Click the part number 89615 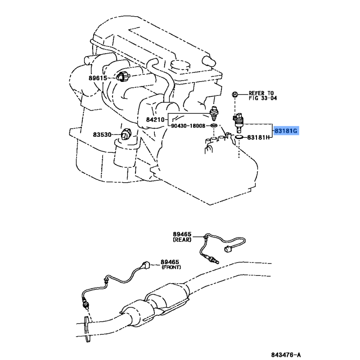(x=98, y=78)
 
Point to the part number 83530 (x=103, y=135)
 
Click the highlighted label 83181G (x=287, y=131)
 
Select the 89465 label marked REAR (x=182, y=234)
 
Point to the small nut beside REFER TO (x=234, y=94)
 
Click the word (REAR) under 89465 (x=182, y=240)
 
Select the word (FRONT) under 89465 (x=171, y=267)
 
